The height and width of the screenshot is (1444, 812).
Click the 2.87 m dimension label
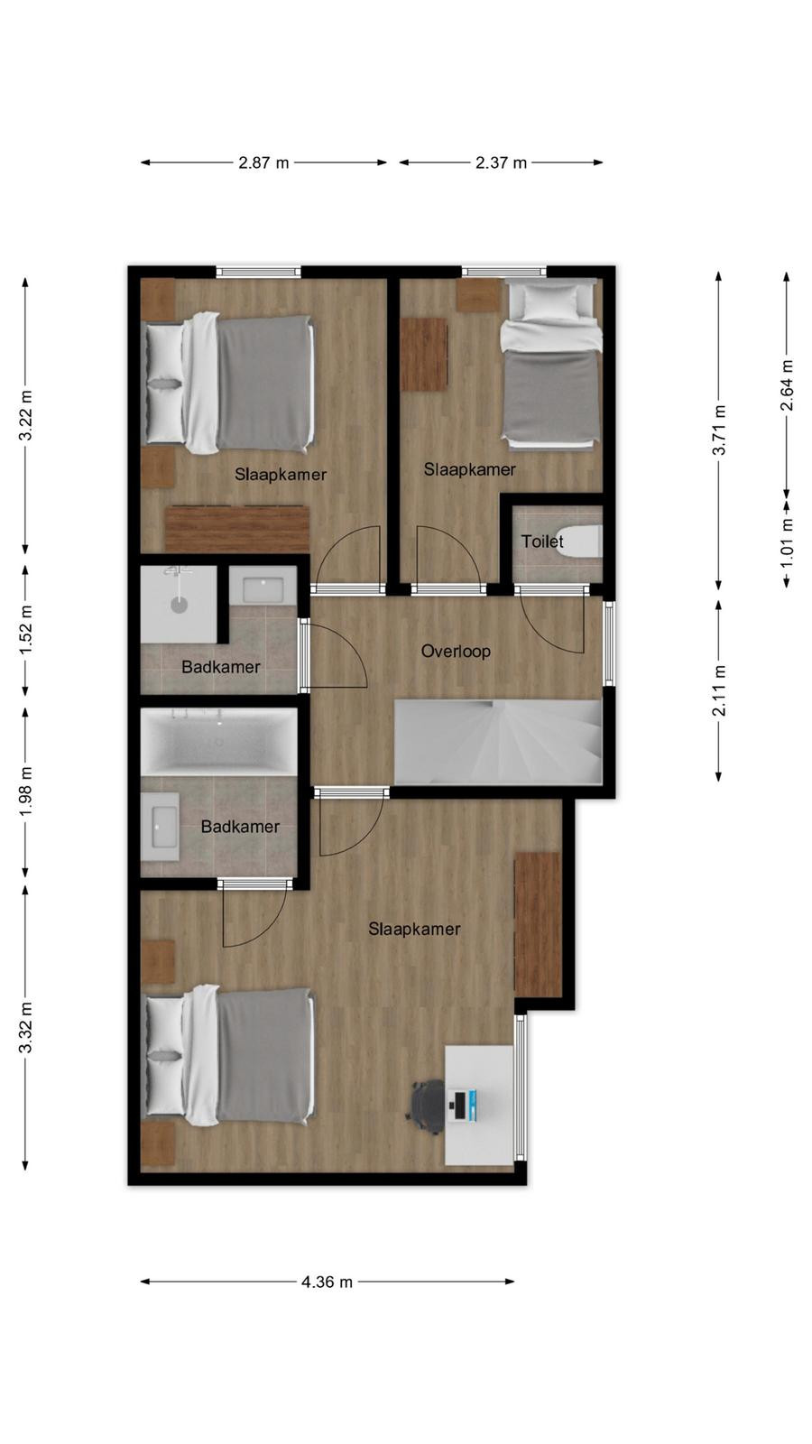pos(263,162)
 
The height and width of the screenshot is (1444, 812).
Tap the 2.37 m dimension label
pos(501,162)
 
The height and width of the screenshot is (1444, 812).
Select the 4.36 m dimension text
pos(327,1282)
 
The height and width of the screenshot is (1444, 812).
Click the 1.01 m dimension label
pos(786,543)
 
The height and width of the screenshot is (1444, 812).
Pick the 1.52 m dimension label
pos(26,630)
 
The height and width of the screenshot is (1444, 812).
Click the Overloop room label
pos(456,651)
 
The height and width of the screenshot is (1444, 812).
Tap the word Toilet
pos(542,541)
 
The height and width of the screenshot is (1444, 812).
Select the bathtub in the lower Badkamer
pos(219,741)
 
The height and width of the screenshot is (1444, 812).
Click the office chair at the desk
pos(428,1106)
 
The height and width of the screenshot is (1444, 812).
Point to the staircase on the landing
pos(498,742)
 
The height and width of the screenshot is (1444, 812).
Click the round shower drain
pos(179,605)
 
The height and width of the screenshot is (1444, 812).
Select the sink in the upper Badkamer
pos(263,586)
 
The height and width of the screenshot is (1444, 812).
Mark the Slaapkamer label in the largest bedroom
pos(414,929)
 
